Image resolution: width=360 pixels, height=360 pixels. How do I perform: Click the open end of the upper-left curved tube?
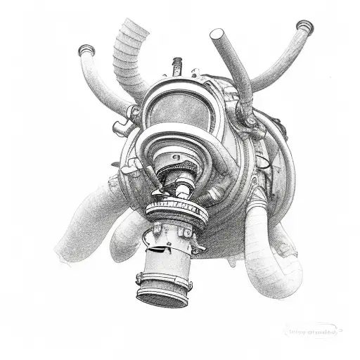click(86, 50)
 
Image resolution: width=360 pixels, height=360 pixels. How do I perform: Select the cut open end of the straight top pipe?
click(217, 34)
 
